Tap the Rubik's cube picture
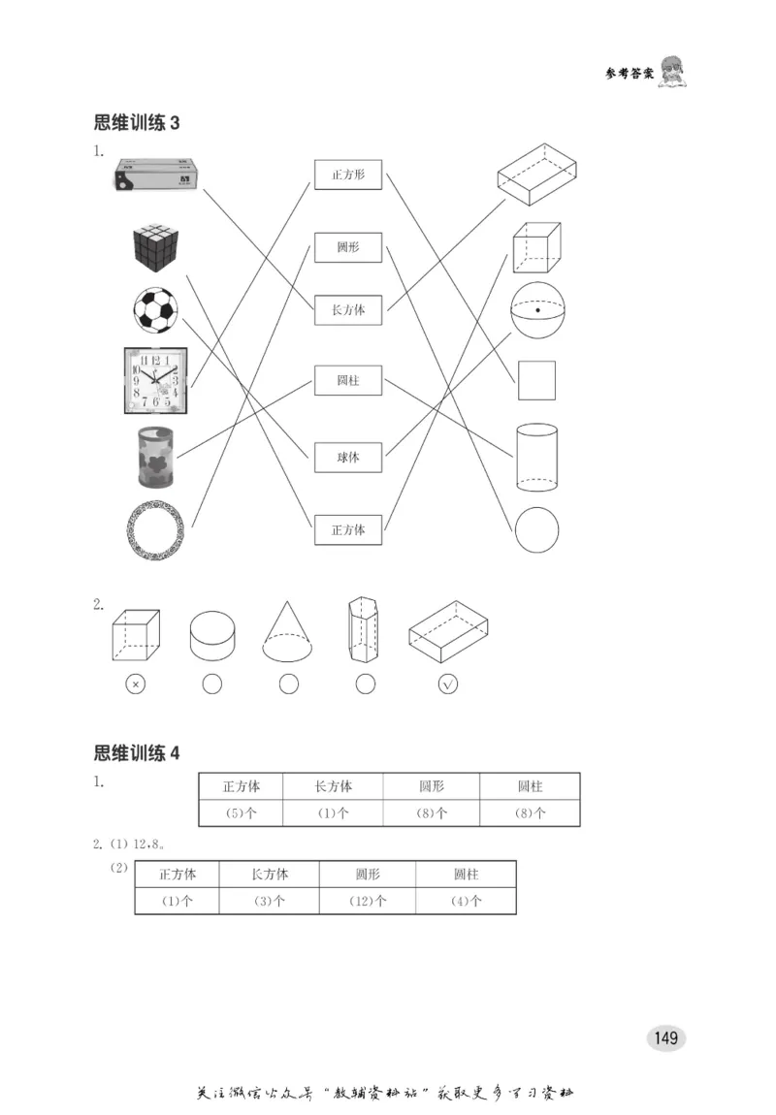pos(157,248)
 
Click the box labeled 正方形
pos(347,175)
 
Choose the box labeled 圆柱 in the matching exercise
pos(347,381)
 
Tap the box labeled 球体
pos(347,457)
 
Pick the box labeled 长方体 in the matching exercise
pos(347,310)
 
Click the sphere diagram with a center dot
pos(536,309)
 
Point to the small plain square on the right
pos(536,380)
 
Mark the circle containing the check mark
pos(447,685)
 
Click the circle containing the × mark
pos(135,685)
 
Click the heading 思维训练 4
pos(137,753)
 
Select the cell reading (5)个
pos(241,813)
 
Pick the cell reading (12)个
pos(367,901)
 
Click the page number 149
pos(665,1038)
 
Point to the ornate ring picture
pos(155,530)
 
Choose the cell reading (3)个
pos(269,901)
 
